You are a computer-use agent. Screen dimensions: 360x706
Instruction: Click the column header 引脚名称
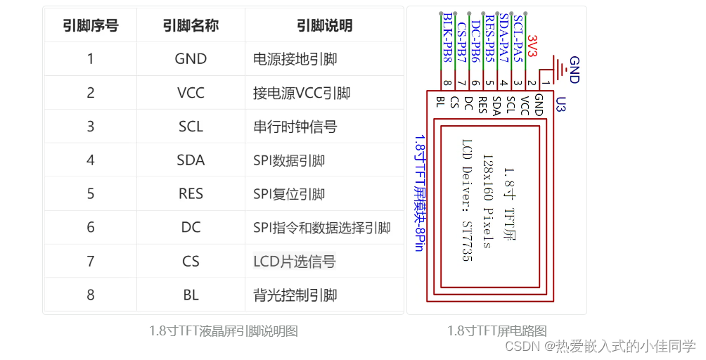[191, 26]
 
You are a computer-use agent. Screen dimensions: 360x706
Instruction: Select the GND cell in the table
[191, 59]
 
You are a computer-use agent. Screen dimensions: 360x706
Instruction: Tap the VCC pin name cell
[191, 93]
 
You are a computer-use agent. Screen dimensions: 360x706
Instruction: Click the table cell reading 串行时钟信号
[295, 127]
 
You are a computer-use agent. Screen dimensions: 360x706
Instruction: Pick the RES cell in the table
[191, 194]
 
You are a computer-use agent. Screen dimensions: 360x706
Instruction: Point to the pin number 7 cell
[90, 262]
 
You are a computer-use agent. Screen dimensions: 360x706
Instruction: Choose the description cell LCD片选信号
[295, 262]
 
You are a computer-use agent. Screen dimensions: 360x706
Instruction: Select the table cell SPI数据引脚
[289, 160]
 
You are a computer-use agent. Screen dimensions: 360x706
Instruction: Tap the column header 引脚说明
[324, 26]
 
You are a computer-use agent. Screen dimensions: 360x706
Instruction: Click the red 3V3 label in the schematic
[532, 46]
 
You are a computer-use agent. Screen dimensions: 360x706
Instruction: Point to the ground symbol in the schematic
[561, 68]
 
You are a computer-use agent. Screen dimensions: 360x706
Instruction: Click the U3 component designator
[560, 105]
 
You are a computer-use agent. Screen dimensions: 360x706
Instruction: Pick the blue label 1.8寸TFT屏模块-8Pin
[419, 193]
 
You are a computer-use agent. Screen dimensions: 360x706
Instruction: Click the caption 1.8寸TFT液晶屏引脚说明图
[224, 330]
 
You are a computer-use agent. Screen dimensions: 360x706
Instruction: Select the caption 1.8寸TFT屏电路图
[496, 330]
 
